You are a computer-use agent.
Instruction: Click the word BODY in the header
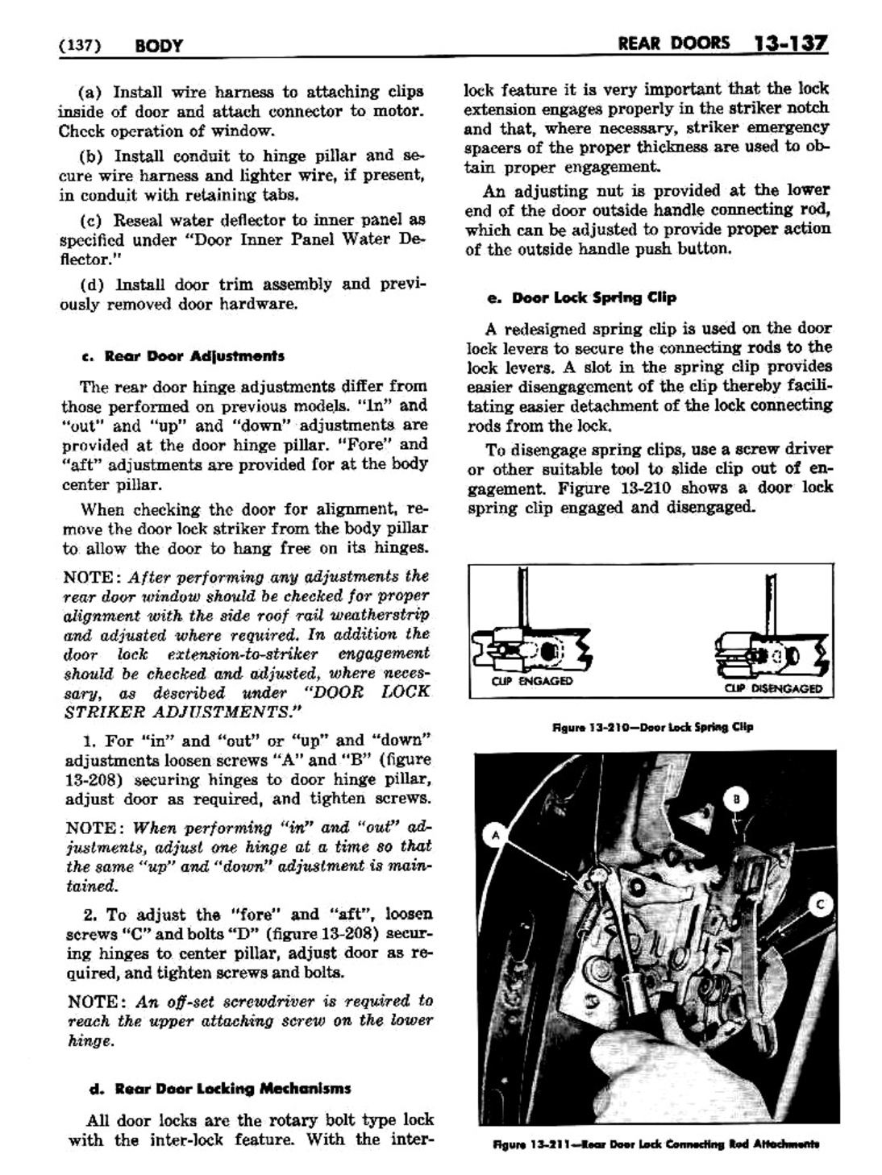pyautogui.click(x=159, y=45)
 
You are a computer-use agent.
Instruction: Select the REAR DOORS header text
pyautogui.click(x=672, y=43)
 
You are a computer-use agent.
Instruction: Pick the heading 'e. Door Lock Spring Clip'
pyautogui.click(x=581, y=297)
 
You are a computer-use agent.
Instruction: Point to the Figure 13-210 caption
pyautogui.click(x=652, y=727)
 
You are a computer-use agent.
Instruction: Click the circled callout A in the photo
pyautogui.click(x=497, y=837)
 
